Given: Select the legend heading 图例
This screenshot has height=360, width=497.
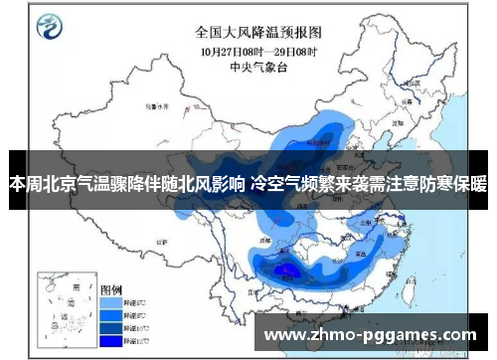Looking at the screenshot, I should [x=111, y=286].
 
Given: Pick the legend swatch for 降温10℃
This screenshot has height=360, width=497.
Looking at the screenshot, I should [x=110, y=326].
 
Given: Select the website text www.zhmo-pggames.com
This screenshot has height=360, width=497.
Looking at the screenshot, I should [x=369, y=334].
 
